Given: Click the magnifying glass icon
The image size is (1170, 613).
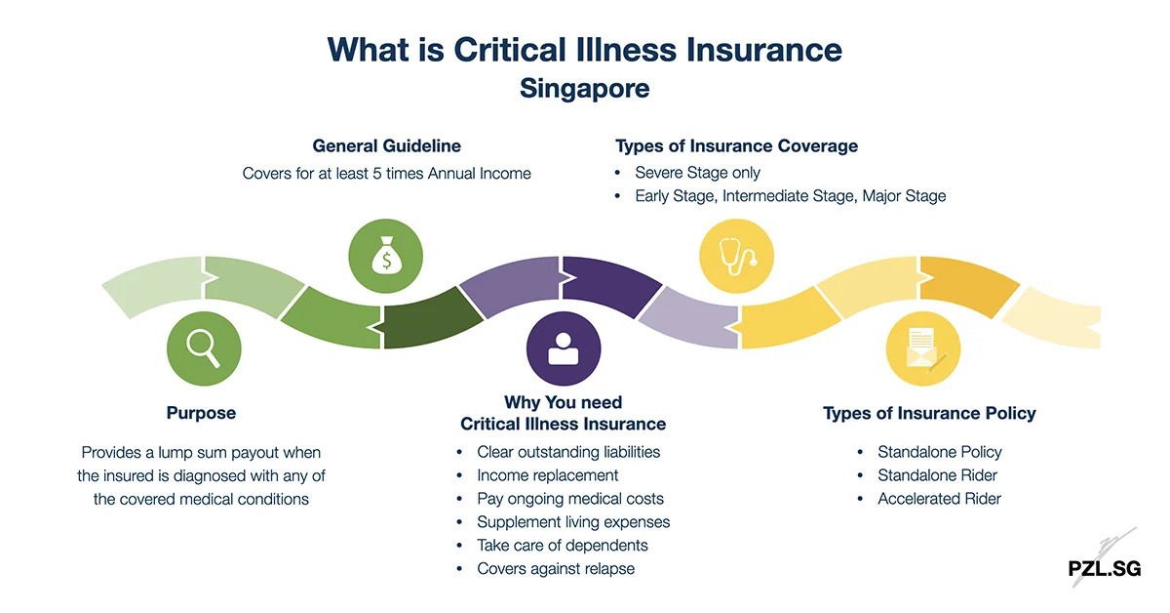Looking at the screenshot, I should pyautogui.click(x=204, y=347).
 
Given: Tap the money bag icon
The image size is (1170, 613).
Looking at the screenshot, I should pyautogui.click(x=386, y=257).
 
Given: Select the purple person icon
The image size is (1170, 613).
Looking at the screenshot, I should pyautogui.click(x=564, y=347).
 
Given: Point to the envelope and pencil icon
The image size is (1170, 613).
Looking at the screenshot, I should pyautogui.click(x=922, y=347).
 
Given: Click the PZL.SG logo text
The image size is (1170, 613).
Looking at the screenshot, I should pyautogui.click(x=1104, y=568).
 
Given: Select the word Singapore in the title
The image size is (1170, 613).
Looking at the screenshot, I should pyautogui.click(x=584, y=88).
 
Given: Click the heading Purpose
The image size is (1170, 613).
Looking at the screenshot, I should pyautogui.click(x=201, y=413).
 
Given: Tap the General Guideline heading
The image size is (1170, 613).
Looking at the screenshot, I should pyautogui.click(x=386, y=145).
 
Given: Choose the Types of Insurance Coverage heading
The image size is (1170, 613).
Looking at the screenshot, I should pyautogui.click(x=736, y=145).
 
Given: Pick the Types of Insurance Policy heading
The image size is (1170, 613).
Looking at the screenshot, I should pyautogui.click(x=929, y=413).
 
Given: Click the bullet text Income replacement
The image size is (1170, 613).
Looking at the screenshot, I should pyautogui.click(x=547, y=475).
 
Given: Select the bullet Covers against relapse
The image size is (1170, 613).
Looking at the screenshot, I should pyautogui.click(x=556, y=569).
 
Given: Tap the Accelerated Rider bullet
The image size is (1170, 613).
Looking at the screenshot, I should pyautogui.click(x=939, y=499).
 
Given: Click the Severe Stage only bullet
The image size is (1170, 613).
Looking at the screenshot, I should pyautogui.click(x=697, y=173).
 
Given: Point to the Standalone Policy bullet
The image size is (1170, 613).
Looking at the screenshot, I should pyautogui.click(x=939, y=452).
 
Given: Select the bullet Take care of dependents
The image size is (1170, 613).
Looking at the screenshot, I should pyautogui.click(x=563, y=546).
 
